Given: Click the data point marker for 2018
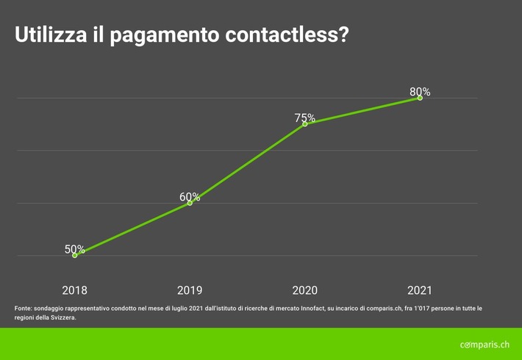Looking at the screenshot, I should point(75,255).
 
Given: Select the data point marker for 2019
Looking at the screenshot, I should point(190,203).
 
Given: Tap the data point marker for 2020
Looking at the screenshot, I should point(305,123).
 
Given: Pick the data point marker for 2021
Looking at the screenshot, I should point(420,98).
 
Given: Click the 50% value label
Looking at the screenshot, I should point(74,249).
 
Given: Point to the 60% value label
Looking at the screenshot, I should point(190,197).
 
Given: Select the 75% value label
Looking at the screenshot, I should point(304,118).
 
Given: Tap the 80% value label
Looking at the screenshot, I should point(420,92).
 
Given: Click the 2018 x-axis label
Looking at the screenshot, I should point(74,290).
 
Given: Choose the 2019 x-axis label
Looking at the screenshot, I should point(190,290).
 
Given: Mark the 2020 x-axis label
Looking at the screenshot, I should point(304,290).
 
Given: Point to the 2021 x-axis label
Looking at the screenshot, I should point(420,290).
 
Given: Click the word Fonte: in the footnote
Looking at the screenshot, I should point(24,309).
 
